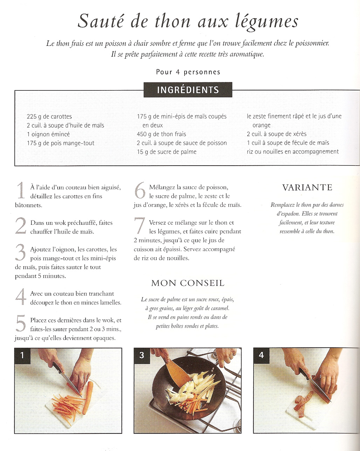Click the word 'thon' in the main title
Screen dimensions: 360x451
point(173,21)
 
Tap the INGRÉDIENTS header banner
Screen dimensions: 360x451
point(188,90)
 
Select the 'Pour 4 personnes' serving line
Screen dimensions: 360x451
point(188,72)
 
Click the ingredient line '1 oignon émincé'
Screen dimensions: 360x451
point(48,134)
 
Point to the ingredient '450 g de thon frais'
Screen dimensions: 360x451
point(161,134)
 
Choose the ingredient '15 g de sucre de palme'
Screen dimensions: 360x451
point(167,152)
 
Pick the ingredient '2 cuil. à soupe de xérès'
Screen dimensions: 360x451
point(277,134)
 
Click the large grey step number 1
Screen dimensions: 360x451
point(21,190)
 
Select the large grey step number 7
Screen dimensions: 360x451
point(140,225)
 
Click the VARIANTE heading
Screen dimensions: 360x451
point(307,187)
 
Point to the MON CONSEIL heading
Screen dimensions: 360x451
point(188,283)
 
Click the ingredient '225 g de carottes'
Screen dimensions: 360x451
point(49,117)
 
